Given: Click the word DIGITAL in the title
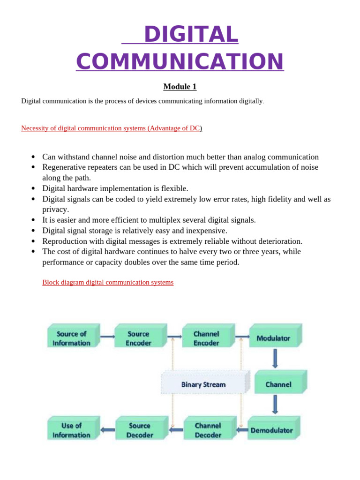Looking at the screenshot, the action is [x=191, y=34].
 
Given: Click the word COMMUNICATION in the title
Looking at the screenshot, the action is [x=180, y=61].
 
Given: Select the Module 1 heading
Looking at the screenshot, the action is [x=180, y=87].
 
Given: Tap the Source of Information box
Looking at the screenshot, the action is [x=72, y=338].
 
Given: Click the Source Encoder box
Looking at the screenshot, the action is [x=139, y=338].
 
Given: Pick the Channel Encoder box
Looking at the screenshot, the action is [x=206, y=338].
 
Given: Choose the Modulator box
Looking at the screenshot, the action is [x=274, y=338].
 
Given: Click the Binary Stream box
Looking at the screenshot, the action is [x=203, y=384].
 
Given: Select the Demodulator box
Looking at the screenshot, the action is [x=272, y=430].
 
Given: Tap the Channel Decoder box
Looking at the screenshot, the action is [x=208, y=430].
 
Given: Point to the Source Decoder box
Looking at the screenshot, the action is [x=140, y=430].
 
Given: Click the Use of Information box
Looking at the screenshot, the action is [x=72, y=430].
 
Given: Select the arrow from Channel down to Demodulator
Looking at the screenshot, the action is [x=275, y=404].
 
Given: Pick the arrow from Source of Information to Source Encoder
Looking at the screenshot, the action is [x=107, y=336].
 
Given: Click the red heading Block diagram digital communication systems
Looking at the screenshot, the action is [x=108, y=282].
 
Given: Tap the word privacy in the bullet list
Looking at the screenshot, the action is [x=55, y=210].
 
